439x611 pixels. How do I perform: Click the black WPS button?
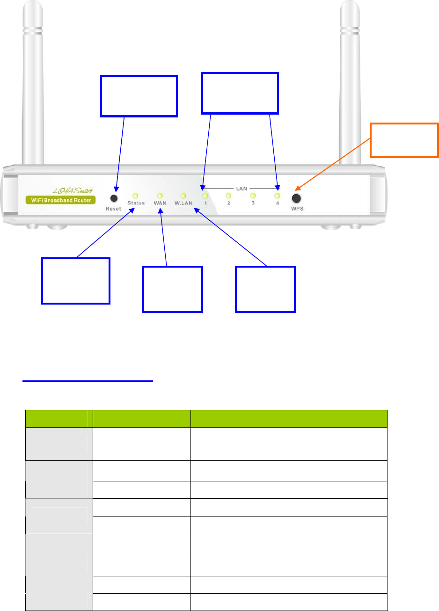tap(296, 197)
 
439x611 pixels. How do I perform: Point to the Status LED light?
tap(135, 196)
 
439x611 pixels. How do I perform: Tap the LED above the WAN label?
tap(160, 196)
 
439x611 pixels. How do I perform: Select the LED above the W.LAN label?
tap(183, 196)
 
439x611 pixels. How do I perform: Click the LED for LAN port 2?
tap(228, 196)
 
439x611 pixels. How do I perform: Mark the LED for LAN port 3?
tap(253, 196)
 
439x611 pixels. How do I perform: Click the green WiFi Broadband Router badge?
tap(60, 200)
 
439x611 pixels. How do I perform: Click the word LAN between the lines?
tap(241, 189)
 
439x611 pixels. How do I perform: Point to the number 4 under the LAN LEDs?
tap(277, 204)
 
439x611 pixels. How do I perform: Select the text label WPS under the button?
tap(297, 209)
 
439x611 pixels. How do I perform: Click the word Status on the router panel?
tap(136, 204)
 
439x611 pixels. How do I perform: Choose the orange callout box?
tap(404, 140)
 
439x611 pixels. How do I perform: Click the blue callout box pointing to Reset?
tap(139, 96)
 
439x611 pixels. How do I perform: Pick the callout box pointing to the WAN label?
tap(173, 289)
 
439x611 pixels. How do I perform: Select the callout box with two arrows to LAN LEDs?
tap(240, 93)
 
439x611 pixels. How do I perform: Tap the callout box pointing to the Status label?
tap(76, 280)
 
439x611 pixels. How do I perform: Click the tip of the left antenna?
tap(32, 6)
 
